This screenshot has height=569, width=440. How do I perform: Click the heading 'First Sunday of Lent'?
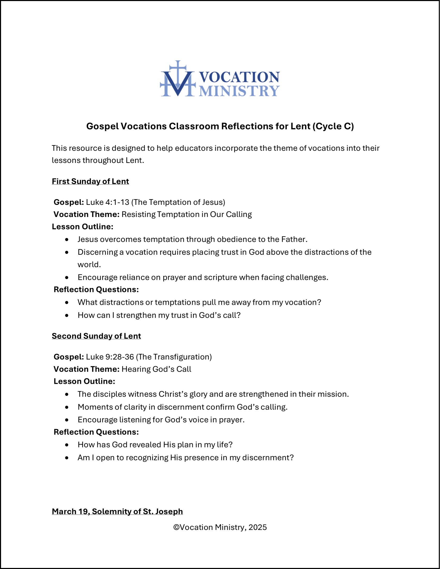[90, 181]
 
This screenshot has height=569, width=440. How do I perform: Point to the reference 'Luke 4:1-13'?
[108, 202]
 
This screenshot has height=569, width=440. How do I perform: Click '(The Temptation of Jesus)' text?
[179, 202]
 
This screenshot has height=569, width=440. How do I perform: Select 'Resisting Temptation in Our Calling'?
[187, 214]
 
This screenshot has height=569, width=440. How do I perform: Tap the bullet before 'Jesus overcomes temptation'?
[67, 239]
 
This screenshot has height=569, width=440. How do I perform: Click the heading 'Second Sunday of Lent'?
[96, 336]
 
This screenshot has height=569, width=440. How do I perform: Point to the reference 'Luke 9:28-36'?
[110, 357]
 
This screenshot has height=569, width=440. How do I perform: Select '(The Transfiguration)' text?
[174, 357]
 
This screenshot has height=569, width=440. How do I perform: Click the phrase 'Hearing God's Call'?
[156, 369]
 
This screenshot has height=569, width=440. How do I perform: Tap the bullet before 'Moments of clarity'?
[67, 407]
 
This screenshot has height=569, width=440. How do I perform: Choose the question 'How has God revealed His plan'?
[155, 445]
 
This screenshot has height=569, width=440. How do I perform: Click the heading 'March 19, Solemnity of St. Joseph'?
[117, 511]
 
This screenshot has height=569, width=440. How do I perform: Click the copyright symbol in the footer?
[176, 528]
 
